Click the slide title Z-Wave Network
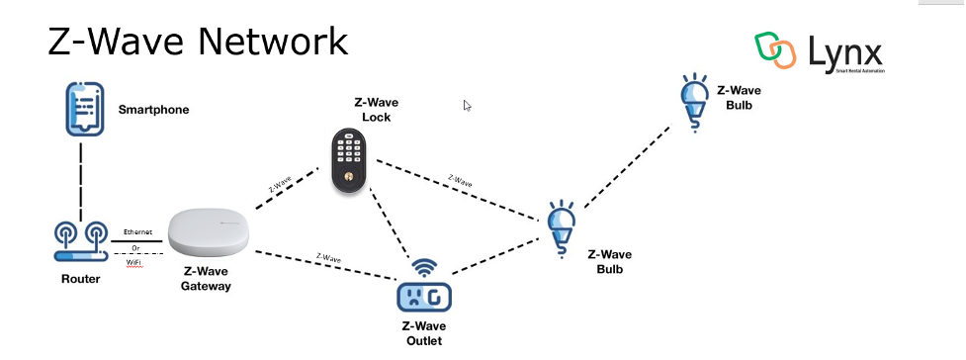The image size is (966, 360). [x=198, y=42]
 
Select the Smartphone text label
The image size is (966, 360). [x=153, y=110]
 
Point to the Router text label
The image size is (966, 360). [x=80, y=279]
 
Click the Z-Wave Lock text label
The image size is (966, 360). [x=376, y=109]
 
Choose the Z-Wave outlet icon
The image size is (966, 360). [x=423, y=294]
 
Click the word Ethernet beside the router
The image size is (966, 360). [x=137, y=231]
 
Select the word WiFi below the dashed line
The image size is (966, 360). [x=135, y=262]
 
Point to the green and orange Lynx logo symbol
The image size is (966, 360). [x=775, y=49]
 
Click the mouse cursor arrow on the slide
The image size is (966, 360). [x=468, y=106]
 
